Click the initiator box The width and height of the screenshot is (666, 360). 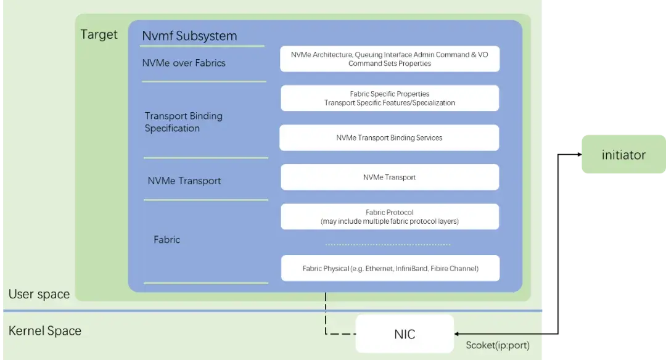(623, 155)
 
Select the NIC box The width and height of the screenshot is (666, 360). (405, 334)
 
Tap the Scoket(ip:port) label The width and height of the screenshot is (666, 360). (497, 346)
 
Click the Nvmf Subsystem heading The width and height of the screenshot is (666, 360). (189, 36)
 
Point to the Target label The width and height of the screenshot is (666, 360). (99, 35)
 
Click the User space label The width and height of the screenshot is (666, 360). (39, 294)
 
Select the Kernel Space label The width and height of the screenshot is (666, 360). (44, 331)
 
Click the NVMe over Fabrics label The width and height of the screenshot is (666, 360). (184, 63)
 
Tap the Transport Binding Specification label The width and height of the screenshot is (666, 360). (183, 122)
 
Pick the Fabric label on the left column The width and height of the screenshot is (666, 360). (166, 240)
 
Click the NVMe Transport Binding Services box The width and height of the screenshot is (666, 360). (389, 138)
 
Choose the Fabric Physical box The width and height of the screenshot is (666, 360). (390, 269)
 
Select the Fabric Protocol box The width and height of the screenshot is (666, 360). (390, 216)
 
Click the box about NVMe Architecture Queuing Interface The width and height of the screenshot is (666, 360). (389, 59)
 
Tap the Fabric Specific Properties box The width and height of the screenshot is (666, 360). (389, 99)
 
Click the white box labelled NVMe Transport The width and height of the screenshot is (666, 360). (389, 178)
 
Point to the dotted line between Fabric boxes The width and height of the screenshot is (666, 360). (387, 245)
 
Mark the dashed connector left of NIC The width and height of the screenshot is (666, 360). (339, 334)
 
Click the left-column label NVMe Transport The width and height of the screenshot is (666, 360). (184, 181)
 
